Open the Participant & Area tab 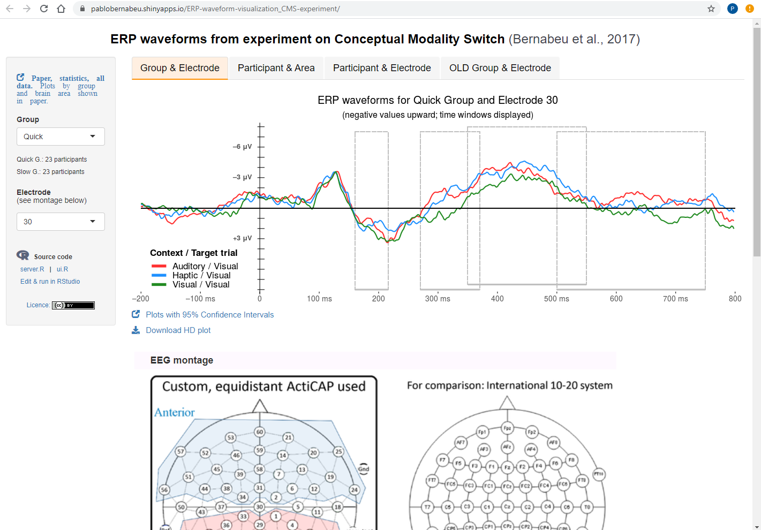(x=276, y=68)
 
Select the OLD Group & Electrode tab (x=500, y=68)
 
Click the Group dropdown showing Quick (x=61, y=137)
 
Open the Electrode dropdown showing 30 (x=61, y=222)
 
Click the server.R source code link (x=32, y=269)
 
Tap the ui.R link (x=62, y=269)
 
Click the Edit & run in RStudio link (x=50, y=282)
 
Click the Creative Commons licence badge (x=73, y=305)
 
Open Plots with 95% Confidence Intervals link (x=209, y=315)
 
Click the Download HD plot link (x=178, y=330)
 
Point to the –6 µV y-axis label (x=242, y=147)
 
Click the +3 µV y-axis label (x=242, y=238)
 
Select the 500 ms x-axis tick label (x=556, y=299)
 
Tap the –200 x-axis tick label (x=141, y=299)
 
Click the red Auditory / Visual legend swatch (x=159, y=266)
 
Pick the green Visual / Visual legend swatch (x=159, y=285)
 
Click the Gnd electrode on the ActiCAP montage (x=364, y=469)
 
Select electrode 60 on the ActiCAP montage (x=260, y=432)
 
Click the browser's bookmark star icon (x=711, y=9)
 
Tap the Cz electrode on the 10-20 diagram (x=507, y=506)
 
